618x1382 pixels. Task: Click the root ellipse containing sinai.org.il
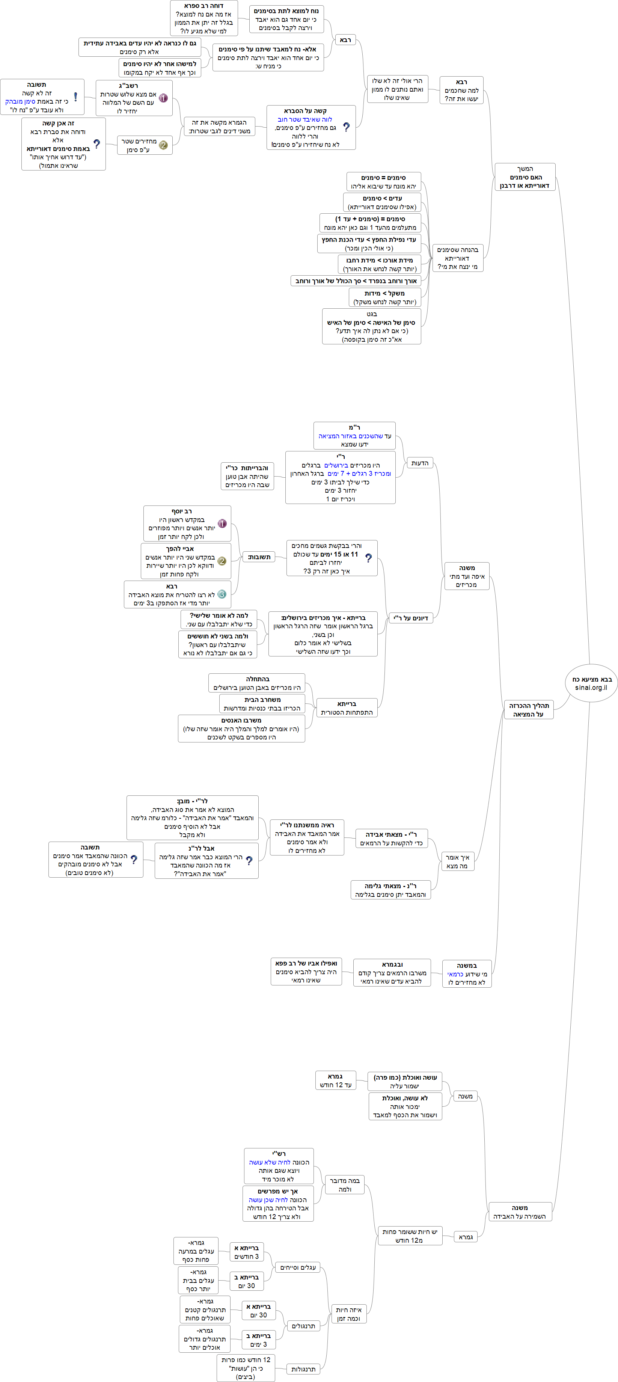pyautogui.click(x=591, y=683)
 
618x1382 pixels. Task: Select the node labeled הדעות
pyautogui.click(x=419, y=463)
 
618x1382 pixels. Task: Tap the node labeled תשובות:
pyautogui.click(x=259, y=557)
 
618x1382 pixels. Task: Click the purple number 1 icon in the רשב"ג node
pyautogui.click(x=163, y=98)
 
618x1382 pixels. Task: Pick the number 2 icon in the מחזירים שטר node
pyautogui.click(x=163, y=145)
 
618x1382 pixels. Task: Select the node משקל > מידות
pyautogui.click(x=384, y=297)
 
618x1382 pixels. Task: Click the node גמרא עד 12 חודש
pyautogui.click(x=335, y=1080)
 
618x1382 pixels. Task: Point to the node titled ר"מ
pyautogui.click(x=354, y=436)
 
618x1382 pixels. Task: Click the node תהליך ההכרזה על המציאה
pyautogui.click(x=528, y=709)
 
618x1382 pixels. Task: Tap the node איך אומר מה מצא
pyautogui.click(x=457, y=861)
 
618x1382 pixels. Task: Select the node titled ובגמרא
pyautogui.click(x=392, y=972)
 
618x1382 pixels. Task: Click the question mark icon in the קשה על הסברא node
pyautogui.click(x=346, y=127)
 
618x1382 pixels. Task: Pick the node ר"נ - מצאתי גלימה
pyautogui.click(x=390, y=890)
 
